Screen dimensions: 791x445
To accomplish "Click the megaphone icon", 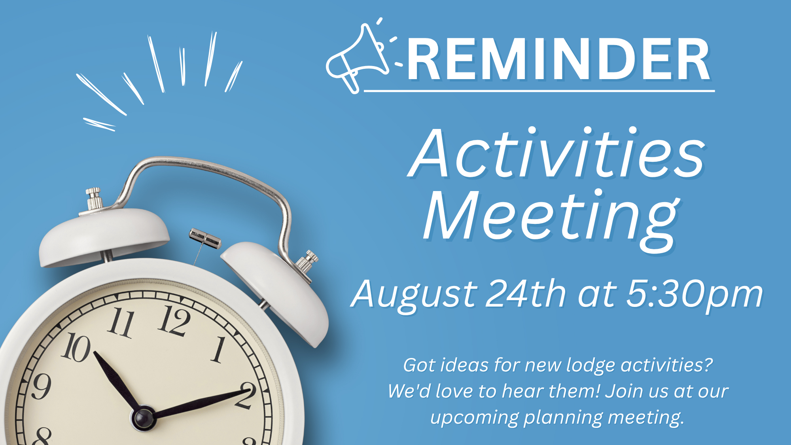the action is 356,59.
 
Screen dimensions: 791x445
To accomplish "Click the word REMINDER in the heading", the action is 559,60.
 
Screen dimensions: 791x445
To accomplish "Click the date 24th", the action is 526,293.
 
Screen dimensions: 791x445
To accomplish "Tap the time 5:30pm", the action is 694,295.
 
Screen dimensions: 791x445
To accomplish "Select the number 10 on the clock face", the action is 76,347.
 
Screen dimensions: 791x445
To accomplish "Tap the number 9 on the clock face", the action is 41,386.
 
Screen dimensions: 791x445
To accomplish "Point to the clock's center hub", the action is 143,418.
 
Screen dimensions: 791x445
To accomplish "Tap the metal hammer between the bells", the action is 205,239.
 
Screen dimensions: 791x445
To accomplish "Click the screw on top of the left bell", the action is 94,199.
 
